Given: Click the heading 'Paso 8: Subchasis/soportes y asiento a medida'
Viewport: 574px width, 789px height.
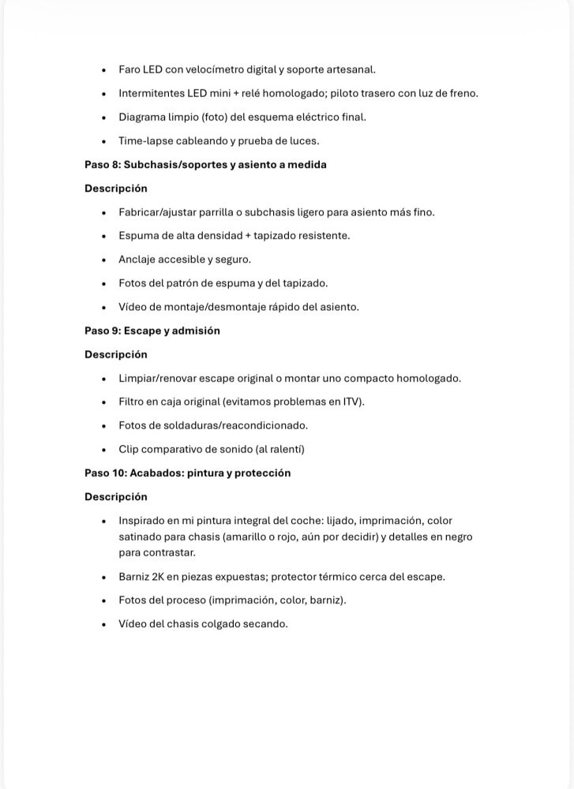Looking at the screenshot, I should pos(205,165).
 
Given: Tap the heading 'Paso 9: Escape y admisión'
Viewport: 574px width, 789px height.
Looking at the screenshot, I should pos(152,331).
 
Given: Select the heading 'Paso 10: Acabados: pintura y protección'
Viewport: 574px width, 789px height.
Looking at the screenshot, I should pos(188,473).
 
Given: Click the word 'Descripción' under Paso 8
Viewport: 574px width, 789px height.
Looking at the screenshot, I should pos(116,189).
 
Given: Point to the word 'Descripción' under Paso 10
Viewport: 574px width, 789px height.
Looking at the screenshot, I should pos(116,497).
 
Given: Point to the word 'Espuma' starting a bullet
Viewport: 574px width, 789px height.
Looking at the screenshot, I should pos(137,235).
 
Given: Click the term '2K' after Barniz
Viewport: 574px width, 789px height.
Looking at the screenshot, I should pos(162,576).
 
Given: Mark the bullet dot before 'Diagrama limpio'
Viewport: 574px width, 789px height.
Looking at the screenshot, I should pos(103,117).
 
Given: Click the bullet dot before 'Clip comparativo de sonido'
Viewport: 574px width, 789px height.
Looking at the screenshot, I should pos(103,449).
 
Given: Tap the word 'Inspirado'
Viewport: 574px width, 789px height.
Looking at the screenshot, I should pos(143,521).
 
